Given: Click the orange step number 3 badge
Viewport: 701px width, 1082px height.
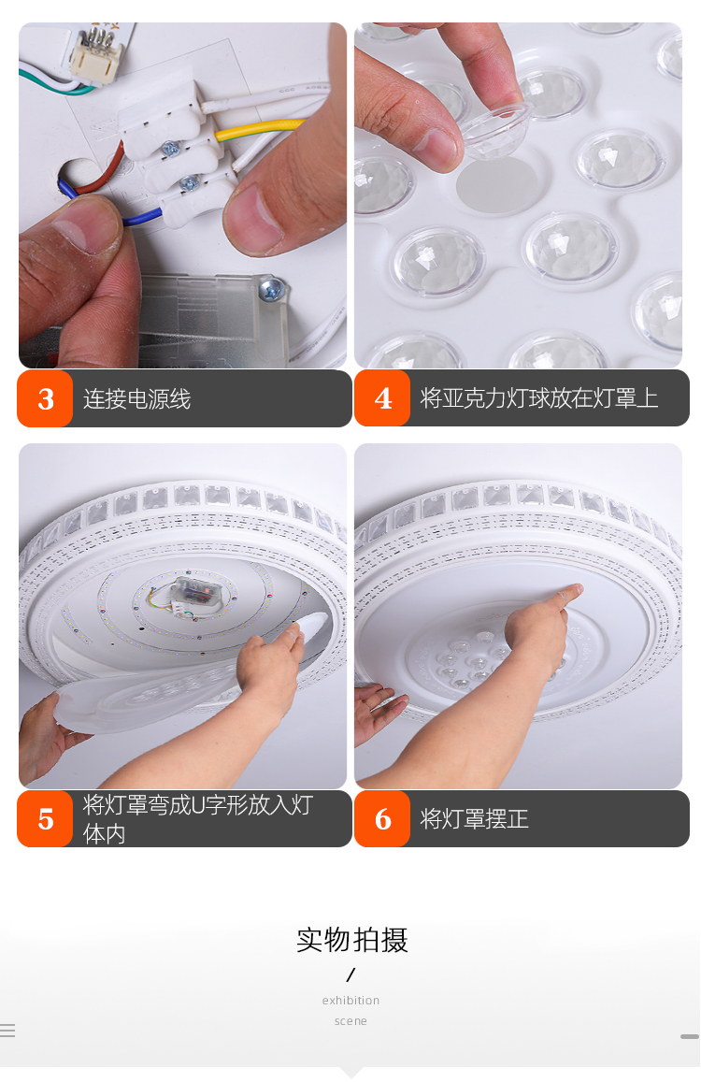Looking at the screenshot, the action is pos(45,398).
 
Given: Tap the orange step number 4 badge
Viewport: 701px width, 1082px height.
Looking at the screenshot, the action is pos(382,397).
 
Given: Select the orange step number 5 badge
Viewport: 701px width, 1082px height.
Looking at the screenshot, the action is pos(45,818).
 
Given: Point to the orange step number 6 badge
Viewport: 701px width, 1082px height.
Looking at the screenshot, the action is pos(382,818).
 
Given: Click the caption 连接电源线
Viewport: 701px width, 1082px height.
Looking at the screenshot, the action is pos(136,398).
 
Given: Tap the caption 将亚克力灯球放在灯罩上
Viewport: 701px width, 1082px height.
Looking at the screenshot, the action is pos(539,398).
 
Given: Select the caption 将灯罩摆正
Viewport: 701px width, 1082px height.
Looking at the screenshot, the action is pos(474,819).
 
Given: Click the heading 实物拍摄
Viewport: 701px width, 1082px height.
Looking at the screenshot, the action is pos(351,940).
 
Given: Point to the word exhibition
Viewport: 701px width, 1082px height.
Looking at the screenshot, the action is pos(350,1000).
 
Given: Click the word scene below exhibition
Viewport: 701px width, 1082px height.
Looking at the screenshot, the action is pos(350,1020).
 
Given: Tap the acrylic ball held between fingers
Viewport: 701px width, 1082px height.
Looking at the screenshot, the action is pos(496,128).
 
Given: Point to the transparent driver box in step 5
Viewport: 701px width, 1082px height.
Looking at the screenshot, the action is pos(196,591).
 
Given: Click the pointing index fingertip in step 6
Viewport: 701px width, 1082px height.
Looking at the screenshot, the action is pos(574,591).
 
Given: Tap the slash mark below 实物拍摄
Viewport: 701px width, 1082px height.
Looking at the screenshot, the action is pos(350,974).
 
